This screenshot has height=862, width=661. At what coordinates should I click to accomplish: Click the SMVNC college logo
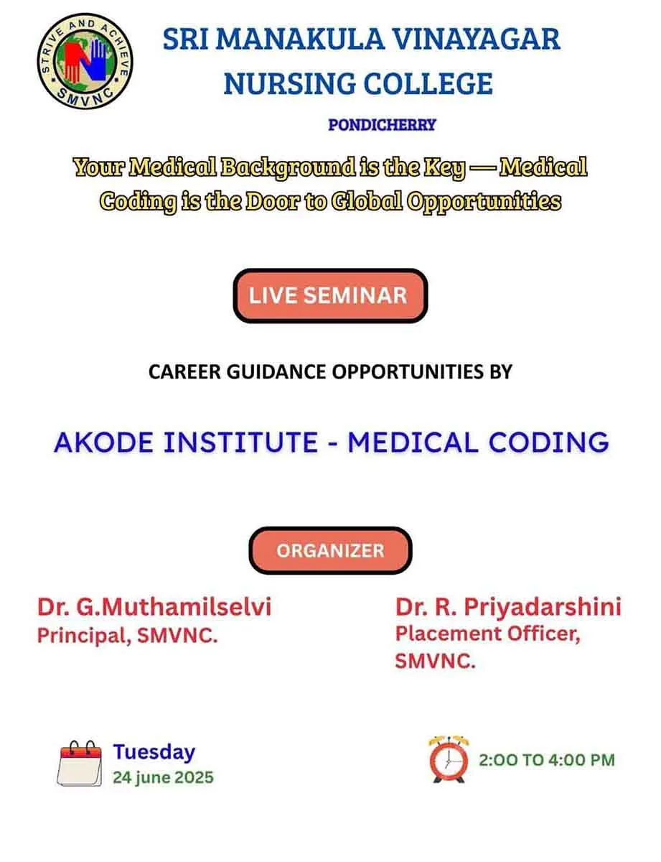[85, 61]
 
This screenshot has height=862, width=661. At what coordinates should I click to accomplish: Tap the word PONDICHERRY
[382, 125]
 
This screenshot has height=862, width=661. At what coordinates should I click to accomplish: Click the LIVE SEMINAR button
[330, 296]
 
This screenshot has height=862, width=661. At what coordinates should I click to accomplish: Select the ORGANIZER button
[330, 550]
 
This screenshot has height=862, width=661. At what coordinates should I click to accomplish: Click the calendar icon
[80, 763]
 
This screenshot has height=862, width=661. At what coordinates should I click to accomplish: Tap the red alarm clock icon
[448, 759]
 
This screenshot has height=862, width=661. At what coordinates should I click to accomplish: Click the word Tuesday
[154, 751]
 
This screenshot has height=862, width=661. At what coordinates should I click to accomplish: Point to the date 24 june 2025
[163, 777]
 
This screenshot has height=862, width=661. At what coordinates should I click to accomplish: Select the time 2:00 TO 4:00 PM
[547, 760]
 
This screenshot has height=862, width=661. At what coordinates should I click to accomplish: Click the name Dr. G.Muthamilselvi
[154, 607]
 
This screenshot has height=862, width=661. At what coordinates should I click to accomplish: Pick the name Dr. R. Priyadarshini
[508, 607]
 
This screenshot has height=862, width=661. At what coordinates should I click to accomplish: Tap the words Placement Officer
[488, 634]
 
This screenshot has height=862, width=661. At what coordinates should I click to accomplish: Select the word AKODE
[103, 442]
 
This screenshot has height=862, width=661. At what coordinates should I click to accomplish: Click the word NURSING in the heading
[290, 83]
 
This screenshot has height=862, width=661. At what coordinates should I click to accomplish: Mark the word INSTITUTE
[241, 442]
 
